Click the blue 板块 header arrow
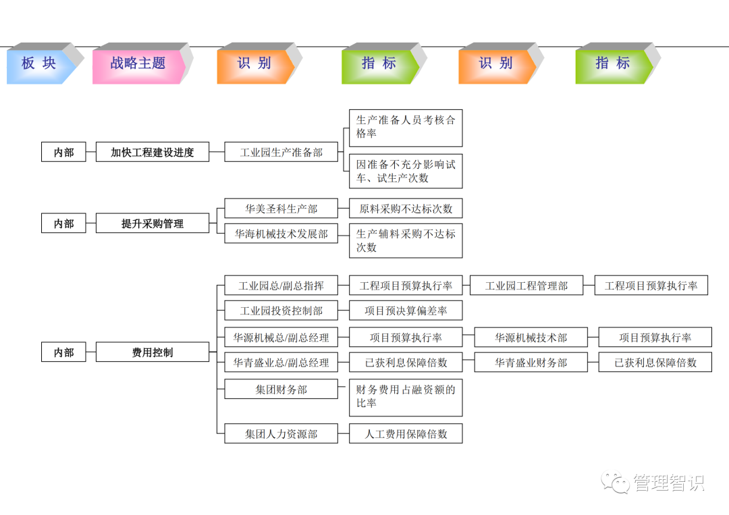click(x=39, y=64)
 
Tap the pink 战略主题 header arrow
click(x=138, y=64)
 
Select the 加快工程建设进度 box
click(x=153, y=153)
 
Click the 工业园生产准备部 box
click(x=281, y=153)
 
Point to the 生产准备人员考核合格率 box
click(x=406, y=128)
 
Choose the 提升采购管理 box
click(x=153, y=223)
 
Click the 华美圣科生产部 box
click(x=281, y=209)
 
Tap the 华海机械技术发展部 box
click(x=281, y=234)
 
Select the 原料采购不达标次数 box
click(x=406, y=209)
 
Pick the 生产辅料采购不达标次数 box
click(x=406, y=240)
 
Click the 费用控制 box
click(x=153, y=352)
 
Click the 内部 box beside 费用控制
click(x=63, y=352)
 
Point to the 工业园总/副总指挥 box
click(x=281, y=286)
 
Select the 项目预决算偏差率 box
click(x=406, y=310)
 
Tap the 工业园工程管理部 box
click(x=526, y=286)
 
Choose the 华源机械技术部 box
click(x=531, y=337)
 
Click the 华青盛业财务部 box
click(x=531, y=362)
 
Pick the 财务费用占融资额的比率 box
click(x=406, y=397)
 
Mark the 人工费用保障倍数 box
click(x=406, y=434)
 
